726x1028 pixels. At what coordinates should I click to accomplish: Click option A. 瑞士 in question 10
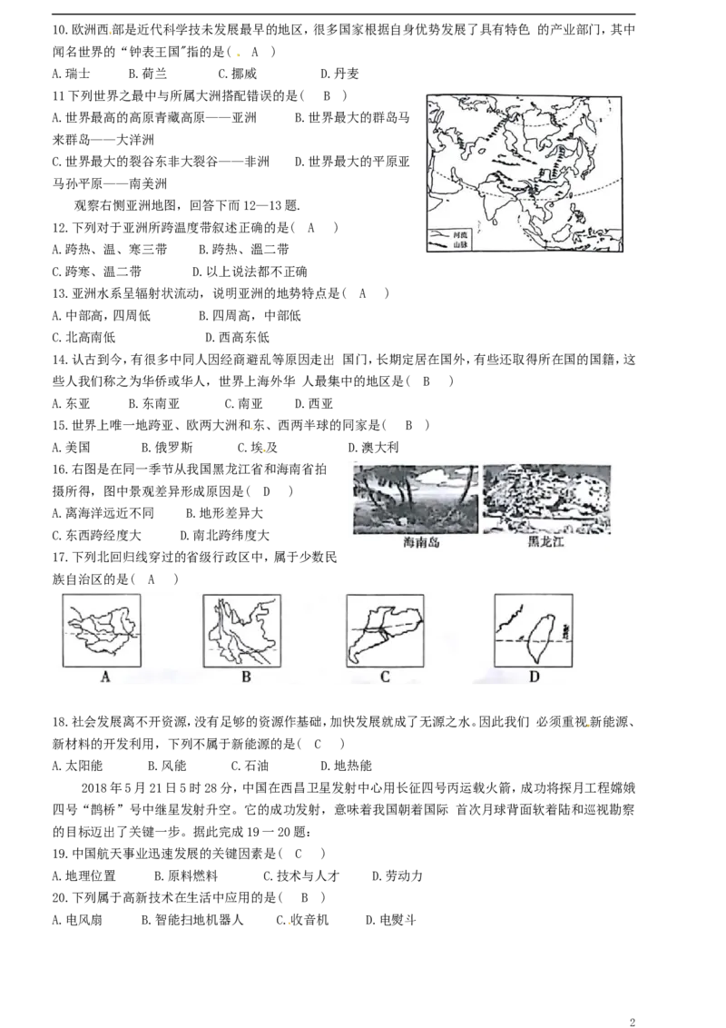point(71,74)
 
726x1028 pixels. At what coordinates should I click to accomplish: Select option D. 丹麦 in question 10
point(339,74)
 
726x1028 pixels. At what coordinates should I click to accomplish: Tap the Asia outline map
point(525,173)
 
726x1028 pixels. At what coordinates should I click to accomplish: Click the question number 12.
point(60,228)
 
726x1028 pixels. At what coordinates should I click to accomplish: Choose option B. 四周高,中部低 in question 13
point(250,315)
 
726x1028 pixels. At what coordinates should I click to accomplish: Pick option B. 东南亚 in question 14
point(154,403)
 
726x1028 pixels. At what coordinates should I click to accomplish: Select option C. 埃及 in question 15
point(258,447)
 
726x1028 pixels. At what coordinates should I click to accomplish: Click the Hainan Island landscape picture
point(416,499)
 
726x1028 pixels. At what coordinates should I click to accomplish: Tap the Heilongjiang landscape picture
point(546,499)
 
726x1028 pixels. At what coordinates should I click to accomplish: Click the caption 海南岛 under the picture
point(421,542)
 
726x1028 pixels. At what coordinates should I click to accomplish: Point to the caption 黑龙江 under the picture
point(545,542)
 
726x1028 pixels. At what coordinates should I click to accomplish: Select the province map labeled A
point(102,631)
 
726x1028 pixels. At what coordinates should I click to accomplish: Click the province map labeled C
point(386,631)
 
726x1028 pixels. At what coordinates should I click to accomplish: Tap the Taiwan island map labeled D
point(534,631)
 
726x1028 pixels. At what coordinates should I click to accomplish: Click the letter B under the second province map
point(246,677)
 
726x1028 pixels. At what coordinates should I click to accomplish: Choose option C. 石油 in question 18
point(250,766)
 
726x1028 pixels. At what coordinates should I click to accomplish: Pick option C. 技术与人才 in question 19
point(301,876)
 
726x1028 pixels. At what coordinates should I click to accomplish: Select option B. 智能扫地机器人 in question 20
point(192,920)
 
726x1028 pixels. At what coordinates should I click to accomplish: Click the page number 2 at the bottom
point(633,1022)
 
